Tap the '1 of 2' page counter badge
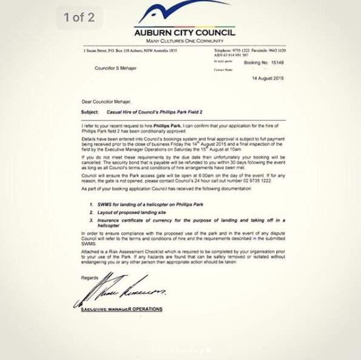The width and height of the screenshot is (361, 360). (79, 17)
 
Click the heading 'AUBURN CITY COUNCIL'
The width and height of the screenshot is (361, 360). (185, 32)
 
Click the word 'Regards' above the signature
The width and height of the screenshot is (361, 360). (89, 278)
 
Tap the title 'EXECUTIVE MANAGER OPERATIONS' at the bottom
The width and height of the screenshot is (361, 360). (121, 309)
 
